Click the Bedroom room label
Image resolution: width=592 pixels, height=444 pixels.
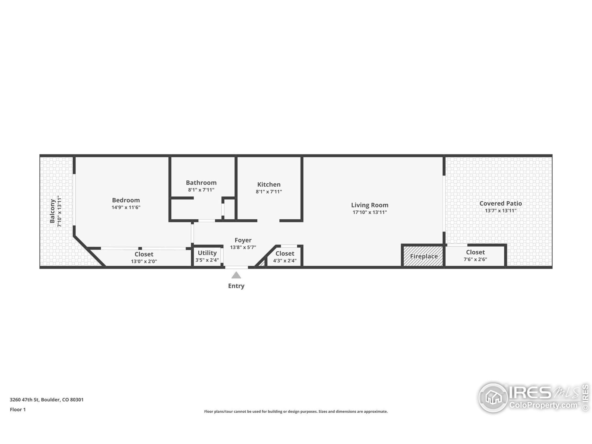click(126, 200)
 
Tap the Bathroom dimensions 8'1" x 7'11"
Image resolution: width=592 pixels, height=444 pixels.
click(201, 190)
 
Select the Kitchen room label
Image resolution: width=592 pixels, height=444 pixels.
click(269, 184)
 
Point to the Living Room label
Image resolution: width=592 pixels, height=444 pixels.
click(370, 205)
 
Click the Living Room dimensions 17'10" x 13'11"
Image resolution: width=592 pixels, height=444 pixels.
click(370, 212)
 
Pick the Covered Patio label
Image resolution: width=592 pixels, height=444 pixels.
click(500, 203)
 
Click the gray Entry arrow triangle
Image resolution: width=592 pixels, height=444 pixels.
click(236, 275)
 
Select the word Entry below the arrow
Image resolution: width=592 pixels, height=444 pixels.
click(236, 286)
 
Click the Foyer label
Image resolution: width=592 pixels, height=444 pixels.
click(243, 240)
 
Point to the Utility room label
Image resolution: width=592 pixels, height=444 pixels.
click(207, 253)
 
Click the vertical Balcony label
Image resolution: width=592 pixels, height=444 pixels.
click(52, 211)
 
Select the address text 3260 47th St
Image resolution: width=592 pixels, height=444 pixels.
click(24, 400)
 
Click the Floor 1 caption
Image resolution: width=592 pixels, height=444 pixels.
click(18, 410)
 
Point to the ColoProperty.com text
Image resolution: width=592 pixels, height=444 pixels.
click(543, 405)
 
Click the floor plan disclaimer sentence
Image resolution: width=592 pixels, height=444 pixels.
click(296, 411)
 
